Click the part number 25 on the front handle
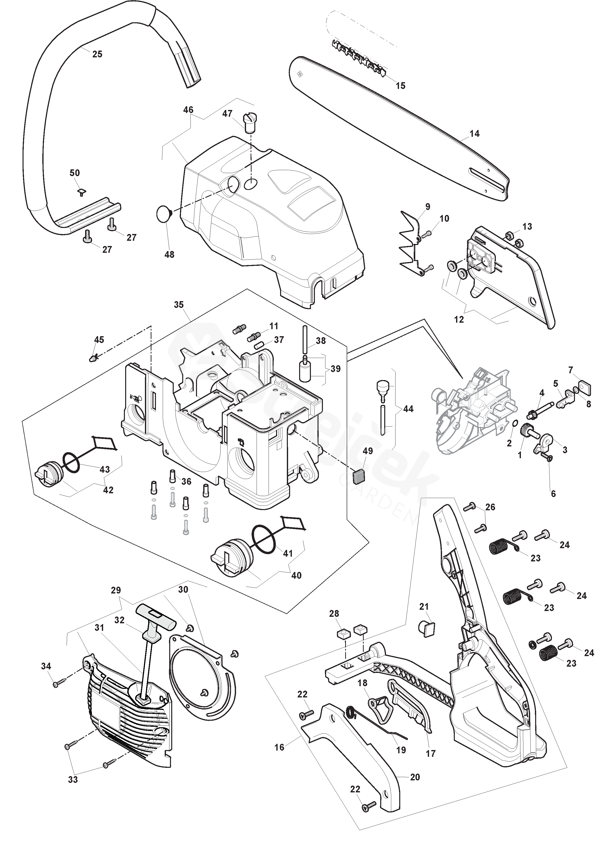(x=97, y=54)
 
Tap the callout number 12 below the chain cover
(x=459, y=319)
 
